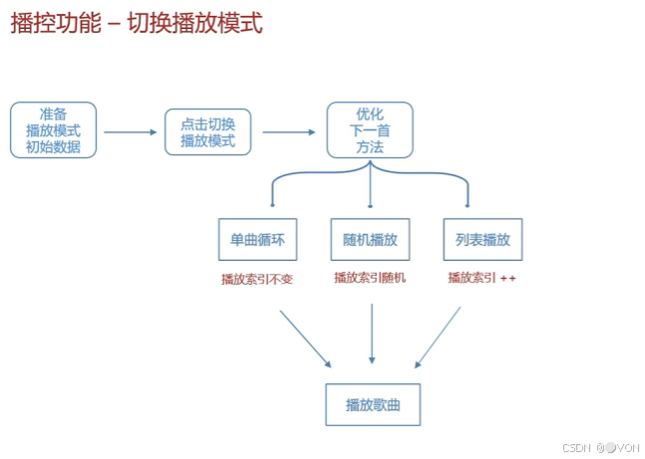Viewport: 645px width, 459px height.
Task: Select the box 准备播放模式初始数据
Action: pyautogui.click(x=54, y=129)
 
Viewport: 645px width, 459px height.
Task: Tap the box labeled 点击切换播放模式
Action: pyautogui.click(x=207, y=131)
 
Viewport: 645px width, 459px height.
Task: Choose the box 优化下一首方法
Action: pyautogui.click(x=370, y=129)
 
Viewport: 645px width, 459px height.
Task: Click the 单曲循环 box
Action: pyautogui.click(x=257, y=240)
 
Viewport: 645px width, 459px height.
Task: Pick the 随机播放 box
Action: pyautogui.click(x=370, y=240)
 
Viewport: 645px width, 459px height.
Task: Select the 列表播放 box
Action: pyautogui.click(x=483, y=240)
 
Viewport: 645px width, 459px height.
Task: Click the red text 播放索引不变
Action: pyautogui.click(x=257, y=279)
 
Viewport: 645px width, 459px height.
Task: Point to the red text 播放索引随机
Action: pyautogui.click(x=370, y=278)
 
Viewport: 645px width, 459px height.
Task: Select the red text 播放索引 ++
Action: pyautogui.click(x=482, y=278)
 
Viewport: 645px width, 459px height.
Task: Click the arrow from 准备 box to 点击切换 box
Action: pyautogui.click(x=130, y=131)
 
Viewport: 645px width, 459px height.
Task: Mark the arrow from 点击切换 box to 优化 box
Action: pyautogui.click(x=288, y=131)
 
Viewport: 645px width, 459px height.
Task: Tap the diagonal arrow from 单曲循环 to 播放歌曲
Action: pyautogui.click(x=305, y=338)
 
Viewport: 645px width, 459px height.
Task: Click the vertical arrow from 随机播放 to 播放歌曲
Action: pyautogui.click(x=372, y=334)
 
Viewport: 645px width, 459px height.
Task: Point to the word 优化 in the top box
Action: pyautogui.click(x=370, y=114)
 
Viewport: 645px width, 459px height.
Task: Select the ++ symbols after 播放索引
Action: pyautogui.click(x=507, y=278)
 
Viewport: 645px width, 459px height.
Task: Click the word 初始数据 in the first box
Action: pyautogui.click(x=54, y=146)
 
